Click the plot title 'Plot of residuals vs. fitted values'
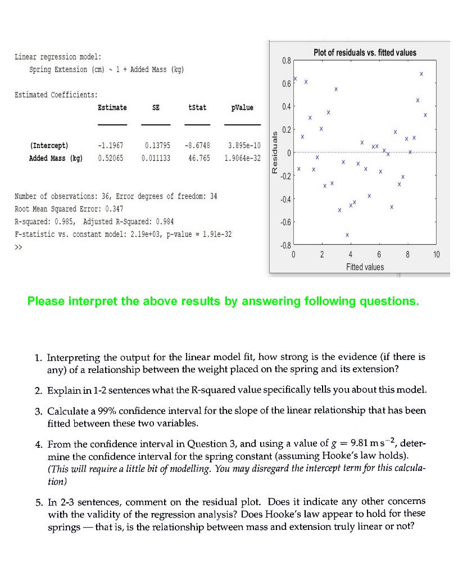coord(365,53)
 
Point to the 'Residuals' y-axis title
coord(275,153)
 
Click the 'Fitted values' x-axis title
coord(365,267)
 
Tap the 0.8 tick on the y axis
coord(285,60)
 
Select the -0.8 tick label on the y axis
coord(284,245)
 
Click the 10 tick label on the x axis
coord(437,255)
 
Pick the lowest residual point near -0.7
coord(347,235)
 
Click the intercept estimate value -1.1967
coord(111,146)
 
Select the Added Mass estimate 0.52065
coord(111,158)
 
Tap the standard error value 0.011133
coord(156,158)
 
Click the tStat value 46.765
coord(199,158)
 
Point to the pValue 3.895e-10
coord(244,146)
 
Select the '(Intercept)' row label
coord(49,146)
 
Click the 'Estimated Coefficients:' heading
coord(56,94)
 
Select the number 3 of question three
coord(37,411)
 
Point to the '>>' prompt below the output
coord(17,246)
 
